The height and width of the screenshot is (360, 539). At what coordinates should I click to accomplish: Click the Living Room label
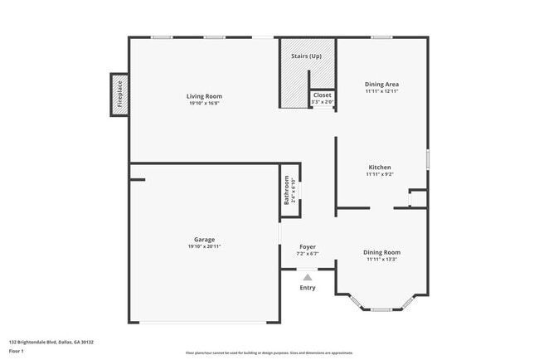click(204, 96)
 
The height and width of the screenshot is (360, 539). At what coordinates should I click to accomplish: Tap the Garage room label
click(204, 240)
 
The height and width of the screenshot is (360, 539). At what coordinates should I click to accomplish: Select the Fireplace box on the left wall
click(119, 95)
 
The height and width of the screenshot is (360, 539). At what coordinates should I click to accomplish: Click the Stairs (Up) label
click(306, 56)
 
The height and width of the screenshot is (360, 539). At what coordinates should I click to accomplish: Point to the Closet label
click(322, 95)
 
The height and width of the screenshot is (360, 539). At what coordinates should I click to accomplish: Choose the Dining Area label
click(382, 84)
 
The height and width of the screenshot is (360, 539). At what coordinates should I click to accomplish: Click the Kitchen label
click(379, 168)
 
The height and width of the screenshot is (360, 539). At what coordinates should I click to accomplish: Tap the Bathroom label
click(287, 191)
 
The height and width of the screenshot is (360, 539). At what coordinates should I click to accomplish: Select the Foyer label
click(308, 246)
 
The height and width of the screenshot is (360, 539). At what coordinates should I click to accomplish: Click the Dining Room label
click(381, 252)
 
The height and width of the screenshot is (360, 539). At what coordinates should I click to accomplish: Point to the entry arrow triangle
click(308, 277)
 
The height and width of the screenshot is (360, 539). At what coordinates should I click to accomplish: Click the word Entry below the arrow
click(308, 288)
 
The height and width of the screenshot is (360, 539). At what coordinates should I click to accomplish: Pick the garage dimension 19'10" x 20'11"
click(204, 246)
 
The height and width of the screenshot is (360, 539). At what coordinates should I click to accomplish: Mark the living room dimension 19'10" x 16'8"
click(204, 103)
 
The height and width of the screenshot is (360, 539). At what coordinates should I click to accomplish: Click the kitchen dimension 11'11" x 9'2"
click(379, 174)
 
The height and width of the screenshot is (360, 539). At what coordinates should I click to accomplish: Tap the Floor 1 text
click(17, 351)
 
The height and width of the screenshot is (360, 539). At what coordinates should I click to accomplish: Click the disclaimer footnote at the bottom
click(269, 353)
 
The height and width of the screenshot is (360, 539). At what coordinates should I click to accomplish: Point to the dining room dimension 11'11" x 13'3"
click(381, 259)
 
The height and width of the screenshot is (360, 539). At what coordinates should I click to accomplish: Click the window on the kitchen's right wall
click(428, 157)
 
